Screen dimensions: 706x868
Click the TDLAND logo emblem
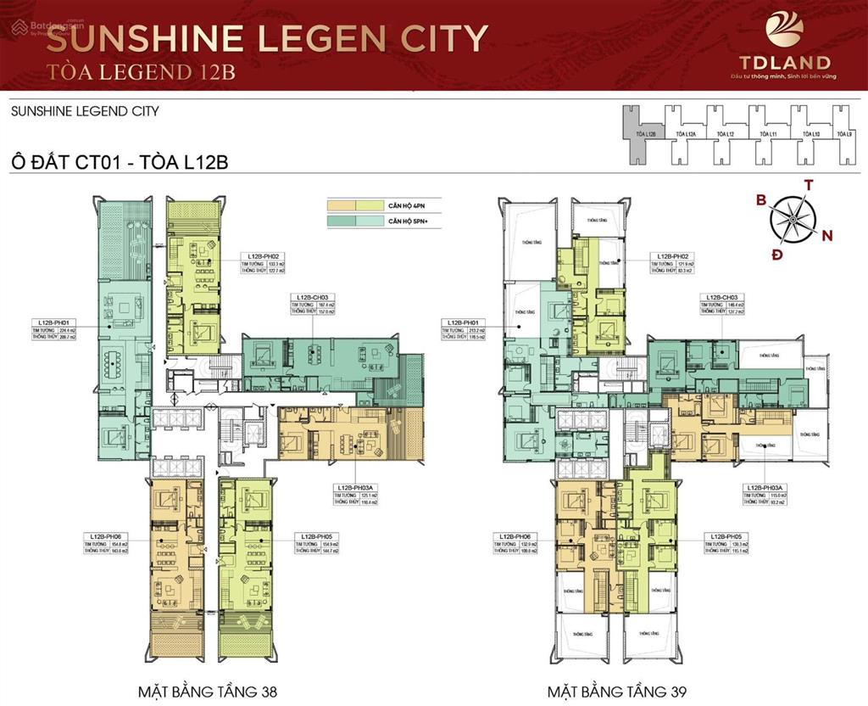tap(784, 30)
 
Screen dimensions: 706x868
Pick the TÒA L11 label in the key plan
tap(769, 134)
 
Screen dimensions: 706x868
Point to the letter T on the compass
tap(809, 184)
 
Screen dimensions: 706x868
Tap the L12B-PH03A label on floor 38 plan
tap(354, 488)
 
